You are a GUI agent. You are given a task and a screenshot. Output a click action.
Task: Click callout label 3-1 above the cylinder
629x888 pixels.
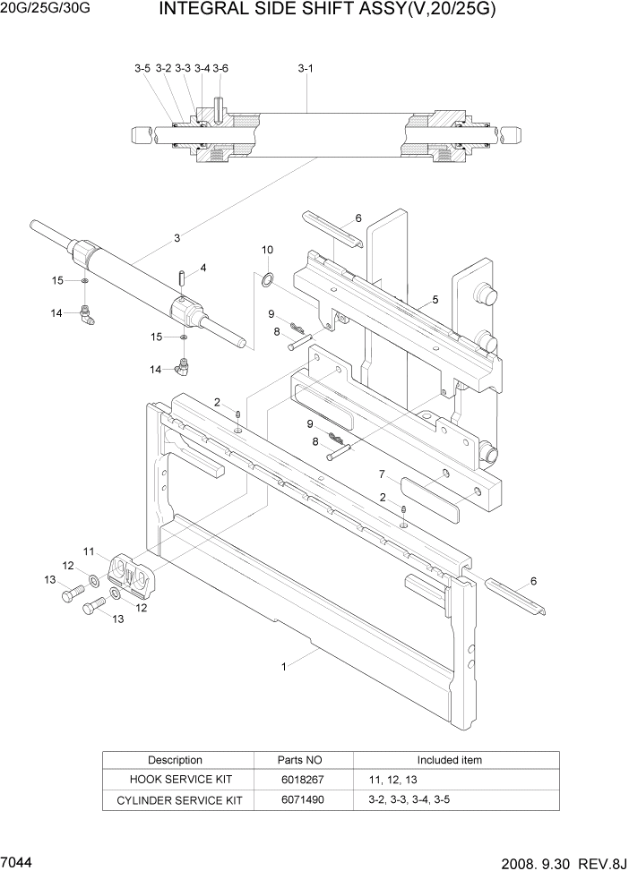[305, 68]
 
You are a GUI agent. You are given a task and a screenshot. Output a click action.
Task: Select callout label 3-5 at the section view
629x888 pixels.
[142, 68]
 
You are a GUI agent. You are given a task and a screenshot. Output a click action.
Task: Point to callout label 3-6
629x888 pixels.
[220, 68]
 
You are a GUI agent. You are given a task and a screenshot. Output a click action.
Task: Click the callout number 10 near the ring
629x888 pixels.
[267, 250]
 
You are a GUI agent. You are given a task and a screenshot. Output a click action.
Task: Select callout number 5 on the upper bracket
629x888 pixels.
[435, 300]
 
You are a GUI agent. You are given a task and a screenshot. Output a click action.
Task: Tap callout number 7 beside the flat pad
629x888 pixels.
[382, 474]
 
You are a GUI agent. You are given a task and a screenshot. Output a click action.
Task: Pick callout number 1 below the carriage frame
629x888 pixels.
[284, 666]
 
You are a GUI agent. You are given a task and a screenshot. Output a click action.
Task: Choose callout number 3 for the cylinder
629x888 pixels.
[177, 238]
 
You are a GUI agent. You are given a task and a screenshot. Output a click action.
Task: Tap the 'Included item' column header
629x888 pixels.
[449, 760]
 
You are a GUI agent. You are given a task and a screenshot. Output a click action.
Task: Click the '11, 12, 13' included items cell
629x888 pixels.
[393, 779]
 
